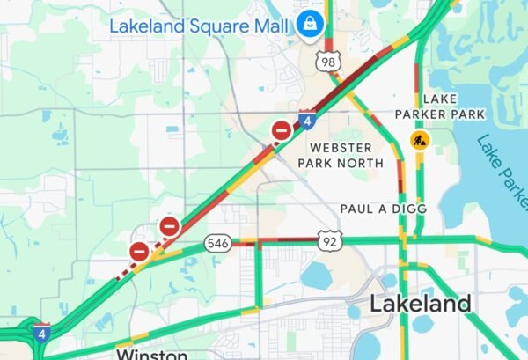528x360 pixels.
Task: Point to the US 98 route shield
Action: coord(328,61)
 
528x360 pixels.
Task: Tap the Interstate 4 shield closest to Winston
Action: coord(40,332)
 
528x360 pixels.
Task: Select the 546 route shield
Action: coord(218,242)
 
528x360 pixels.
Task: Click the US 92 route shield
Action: coord(329,240)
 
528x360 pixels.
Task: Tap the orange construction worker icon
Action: coord(421,140)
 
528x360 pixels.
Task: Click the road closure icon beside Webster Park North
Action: coord(282,132)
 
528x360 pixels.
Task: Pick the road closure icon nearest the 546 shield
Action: coord(170,226)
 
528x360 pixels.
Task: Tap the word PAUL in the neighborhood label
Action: coord(356,209)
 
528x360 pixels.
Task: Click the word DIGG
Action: coord(409,209)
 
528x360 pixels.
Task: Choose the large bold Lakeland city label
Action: coord(420,305)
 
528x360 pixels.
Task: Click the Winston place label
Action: coord(152,354)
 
